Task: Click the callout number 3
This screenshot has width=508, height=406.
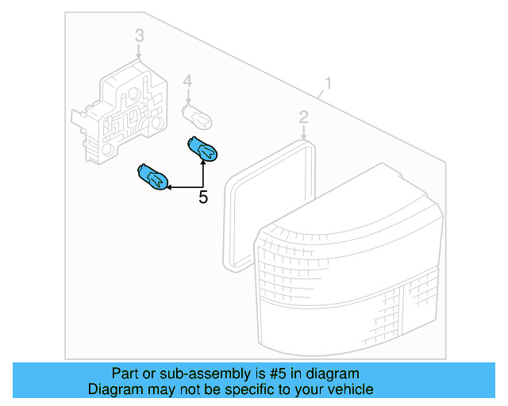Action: click(140, 36)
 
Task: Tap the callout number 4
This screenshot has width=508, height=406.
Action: click(187, 81)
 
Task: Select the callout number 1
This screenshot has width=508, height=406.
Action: click(328, 83)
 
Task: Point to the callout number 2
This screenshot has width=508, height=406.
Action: click(303, 117)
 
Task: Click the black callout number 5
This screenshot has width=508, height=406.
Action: click(203, 197)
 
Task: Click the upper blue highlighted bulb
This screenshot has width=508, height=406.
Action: click(202, 148)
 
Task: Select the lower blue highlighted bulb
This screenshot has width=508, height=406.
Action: click(152, 177)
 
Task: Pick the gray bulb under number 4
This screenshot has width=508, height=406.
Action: click(197, 117)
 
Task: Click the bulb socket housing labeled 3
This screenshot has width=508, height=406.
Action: click(119, 112)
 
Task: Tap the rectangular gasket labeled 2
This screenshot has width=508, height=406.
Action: click(269, 206)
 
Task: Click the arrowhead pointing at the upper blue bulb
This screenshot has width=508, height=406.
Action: click(203, 163)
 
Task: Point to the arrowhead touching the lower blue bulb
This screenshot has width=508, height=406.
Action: click(169, 187)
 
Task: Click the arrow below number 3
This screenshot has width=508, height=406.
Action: click(139, 52)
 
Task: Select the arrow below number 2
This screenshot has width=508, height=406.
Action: click(303, 132)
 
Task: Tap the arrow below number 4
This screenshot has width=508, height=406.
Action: click(188, 97)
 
